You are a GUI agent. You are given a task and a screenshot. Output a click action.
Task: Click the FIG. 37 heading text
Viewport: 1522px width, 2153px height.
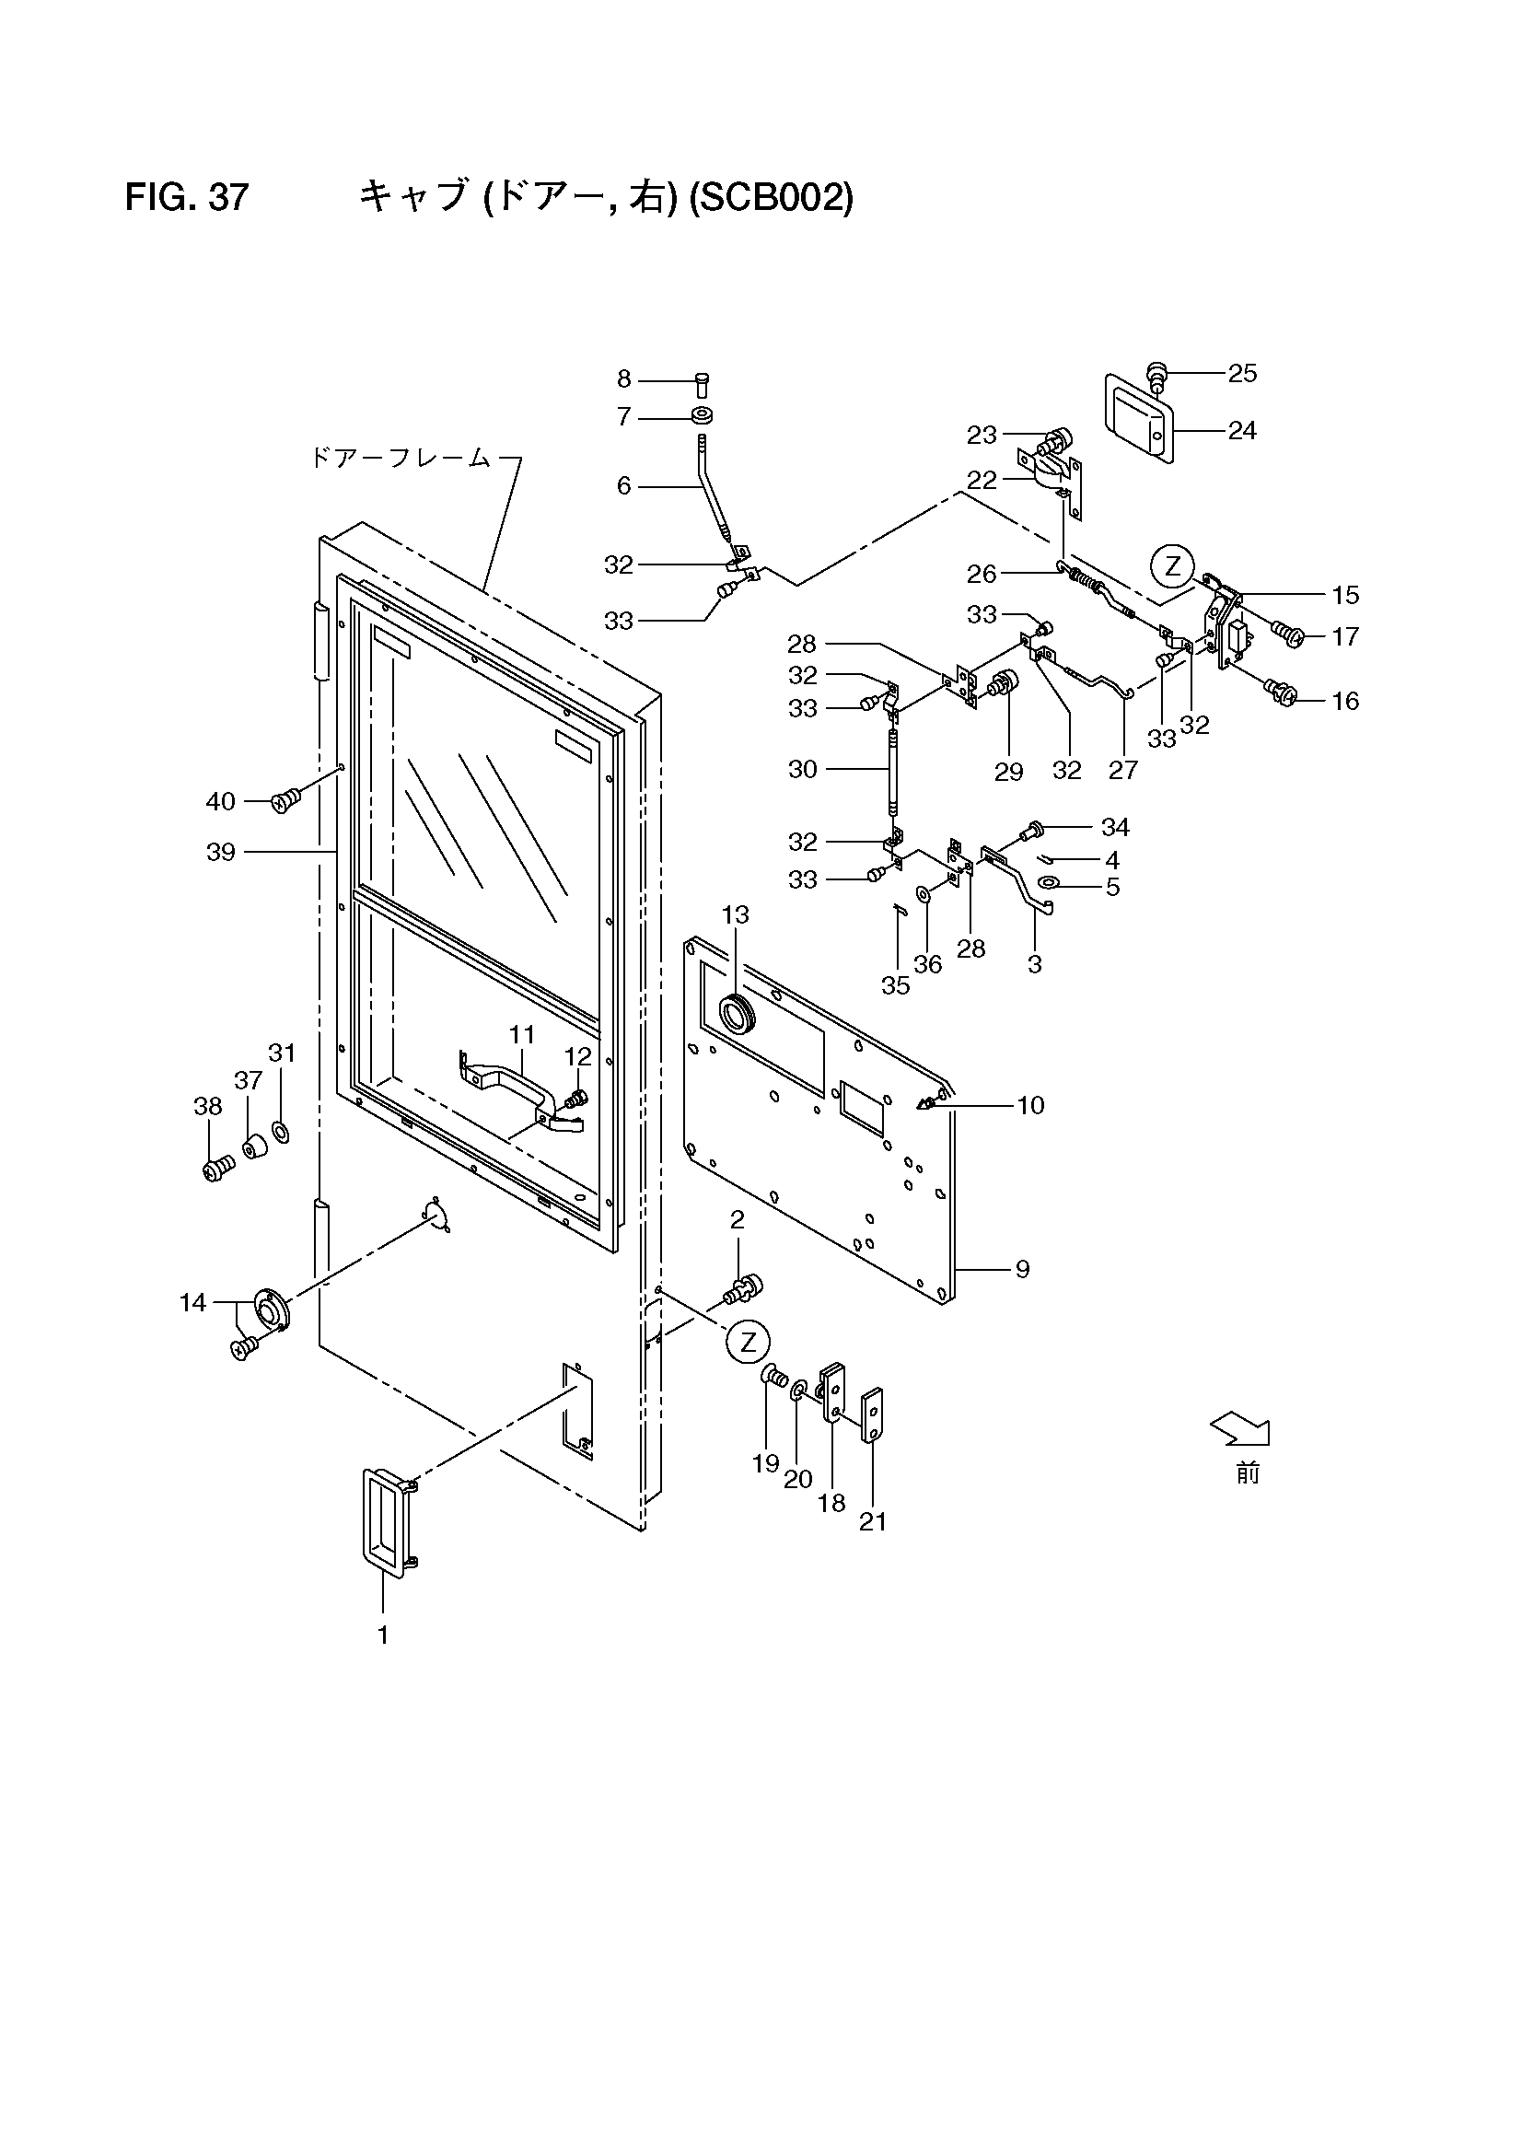[187, 198]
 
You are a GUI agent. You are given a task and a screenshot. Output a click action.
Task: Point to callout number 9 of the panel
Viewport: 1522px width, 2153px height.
[1022, 1270]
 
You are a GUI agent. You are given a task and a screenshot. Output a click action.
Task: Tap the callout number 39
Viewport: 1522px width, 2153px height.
[220, 853]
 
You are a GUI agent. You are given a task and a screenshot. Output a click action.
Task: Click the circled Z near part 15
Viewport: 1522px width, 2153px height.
[1172, 566]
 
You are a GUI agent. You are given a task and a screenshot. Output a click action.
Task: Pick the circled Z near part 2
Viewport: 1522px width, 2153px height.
[748, 1342]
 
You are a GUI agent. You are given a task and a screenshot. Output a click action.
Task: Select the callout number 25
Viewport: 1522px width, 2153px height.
[1242, 373]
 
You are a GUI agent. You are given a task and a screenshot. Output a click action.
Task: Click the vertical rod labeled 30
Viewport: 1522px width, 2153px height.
[891, 768]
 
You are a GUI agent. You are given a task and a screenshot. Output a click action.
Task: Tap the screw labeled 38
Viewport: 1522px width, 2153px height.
[215, 1169]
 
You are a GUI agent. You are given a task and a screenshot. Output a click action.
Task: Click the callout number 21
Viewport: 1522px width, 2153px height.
[873, 1522]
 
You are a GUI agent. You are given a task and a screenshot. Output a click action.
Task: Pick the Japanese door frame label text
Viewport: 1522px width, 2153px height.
[401, 459]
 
